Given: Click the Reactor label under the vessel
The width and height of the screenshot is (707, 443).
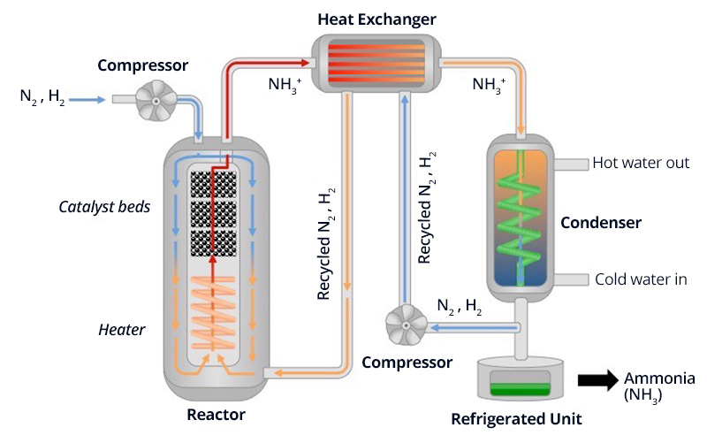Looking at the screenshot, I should pos(216,414).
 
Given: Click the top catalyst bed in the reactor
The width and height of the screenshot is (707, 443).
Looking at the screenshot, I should pos(215,184).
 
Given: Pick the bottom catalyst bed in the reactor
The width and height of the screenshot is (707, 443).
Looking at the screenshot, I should pos(215,241).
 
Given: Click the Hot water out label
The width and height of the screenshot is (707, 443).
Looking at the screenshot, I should pos(639,163).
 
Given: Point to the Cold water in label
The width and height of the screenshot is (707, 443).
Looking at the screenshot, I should pos(641,279).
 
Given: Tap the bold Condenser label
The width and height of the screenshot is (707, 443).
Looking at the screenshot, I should pos(600,222).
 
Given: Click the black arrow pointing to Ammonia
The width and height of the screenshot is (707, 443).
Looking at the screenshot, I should pos(597,379).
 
